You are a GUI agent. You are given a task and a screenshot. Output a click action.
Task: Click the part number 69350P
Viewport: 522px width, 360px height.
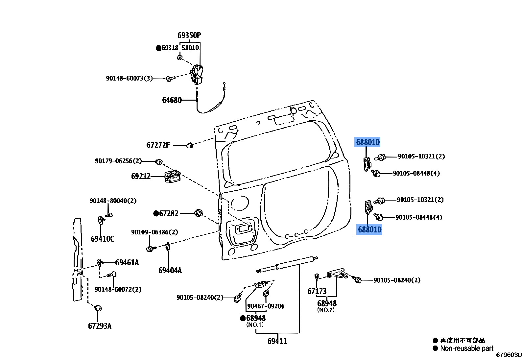189,35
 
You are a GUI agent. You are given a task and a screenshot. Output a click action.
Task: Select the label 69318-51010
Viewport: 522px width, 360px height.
180,48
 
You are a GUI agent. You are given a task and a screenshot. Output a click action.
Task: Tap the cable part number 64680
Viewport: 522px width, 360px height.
172,100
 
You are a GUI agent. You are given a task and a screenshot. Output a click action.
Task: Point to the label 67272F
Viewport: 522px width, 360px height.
158,145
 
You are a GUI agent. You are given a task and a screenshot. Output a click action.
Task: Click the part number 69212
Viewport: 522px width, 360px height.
141,177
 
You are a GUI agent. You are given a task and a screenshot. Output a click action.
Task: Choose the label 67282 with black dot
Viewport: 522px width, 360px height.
168,214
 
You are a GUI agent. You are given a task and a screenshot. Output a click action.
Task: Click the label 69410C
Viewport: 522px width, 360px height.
102,239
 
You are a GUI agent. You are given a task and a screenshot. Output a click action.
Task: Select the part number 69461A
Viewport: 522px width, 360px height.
127,263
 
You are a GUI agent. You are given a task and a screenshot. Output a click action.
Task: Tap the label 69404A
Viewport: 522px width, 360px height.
170,271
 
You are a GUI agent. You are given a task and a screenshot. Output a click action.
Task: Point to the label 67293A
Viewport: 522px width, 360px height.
100,326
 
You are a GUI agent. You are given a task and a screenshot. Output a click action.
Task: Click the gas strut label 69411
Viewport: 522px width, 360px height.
277,341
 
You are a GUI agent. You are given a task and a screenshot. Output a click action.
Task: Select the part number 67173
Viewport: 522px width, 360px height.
317,292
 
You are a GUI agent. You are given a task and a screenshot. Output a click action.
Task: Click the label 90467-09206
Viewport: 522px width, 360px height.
266,306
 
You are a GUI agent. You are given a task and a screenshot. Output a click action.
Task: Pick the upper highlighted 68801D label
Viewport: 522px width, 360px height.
368,142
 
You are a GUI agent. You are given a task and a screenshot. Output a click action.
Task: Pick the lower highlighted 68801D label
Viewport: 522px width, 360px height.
369,229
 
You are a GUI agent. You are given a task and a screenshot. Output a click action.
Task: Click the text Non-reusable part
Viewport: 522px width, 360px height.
467,348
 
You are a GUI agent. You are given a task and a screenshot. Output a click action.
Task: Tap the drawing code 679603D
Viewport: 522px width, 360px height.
509,355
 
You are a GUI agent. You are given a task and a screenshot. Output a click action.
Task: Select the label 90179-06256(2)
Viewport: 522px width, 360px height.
118,161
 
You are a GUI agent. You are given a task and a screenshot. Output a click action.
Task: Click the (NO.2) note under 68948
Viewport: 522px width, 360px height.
325,310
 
